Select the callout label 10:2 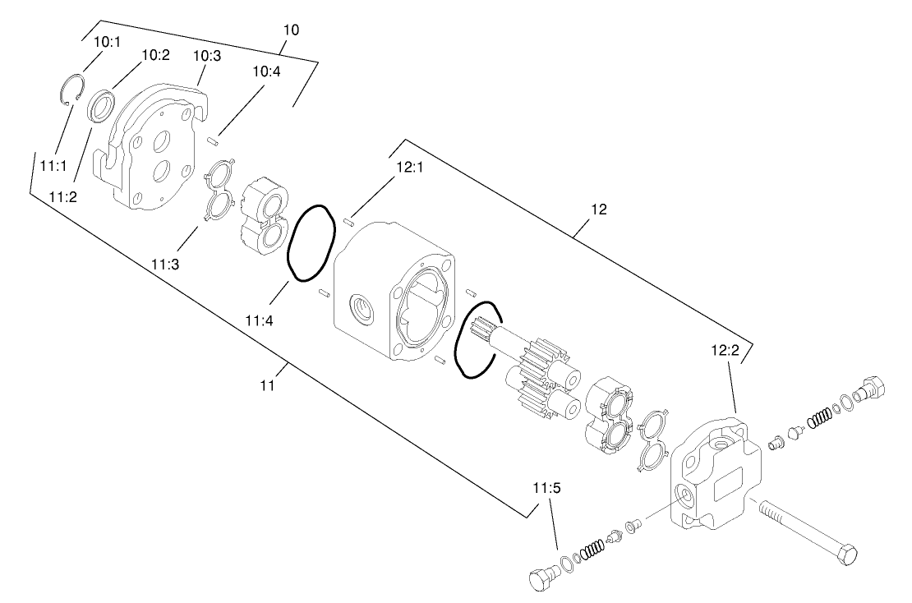point(155,55)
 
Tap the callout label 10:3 point(206,55)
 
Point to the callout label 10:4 point(265,71)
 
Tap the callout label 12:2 point(725,351)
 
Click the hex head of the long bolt point(846,556)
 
